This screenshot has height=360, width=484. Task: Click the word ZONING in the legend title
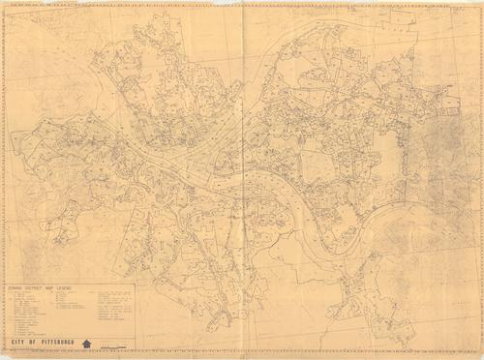tap(15, 287)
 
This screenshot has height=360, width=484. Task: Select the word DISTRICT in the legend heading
tap(31, 287)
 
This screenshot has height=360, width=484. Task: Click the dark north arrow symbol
tap(87, 343)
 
